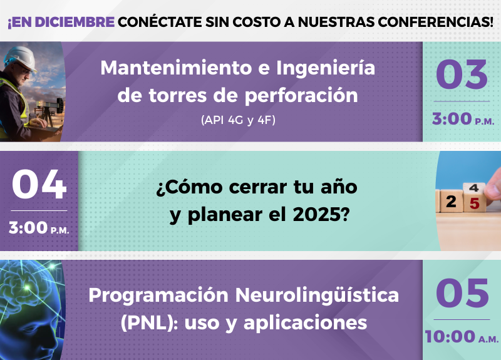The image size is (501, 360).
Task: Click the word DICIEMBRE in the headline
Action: point(75,22)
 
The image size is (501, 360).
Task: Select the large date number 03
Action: point(462,75)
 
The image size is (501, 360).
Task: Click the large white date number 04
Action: point(39,184)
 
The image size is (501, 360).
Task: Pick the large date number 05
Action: point(462,293)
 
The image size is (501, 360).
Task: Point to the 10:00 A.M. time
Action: point(462,337)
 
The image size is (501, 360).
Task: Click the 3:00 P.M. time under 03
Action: point(463,118)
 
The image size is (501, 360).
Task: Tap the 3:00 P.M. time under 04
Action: point(39,228)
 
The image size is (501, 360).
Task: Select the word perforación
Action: point(301,96)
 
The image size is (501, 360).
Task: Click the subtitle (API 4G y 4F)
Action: point(238,120)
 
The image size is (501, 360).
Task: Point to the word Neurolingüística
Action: point(317,296)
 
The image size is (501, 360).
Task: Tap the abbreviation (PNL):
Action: point(149,323)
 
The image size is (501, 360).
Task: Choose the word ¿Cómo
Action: point(190,187)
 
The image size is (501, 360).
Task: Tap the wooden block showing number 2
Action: point(451,201)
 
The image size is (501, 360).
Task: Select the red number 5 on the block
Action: point(475,203)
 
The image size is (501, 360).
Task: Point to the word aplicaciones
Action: point(305,323)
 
